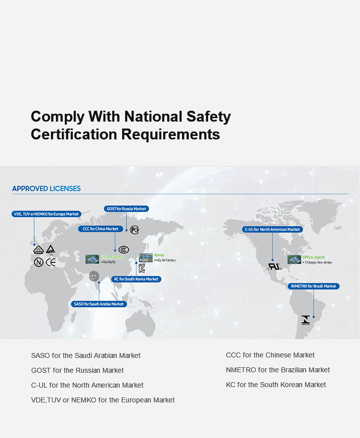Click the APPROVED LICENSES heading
pos(46,188)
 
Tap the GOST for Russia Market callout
pos(127,209)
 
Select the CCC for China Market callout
pos(100,229)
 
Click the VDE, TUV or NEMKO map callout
pos(46,214)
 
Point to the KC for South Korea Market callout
pos(136,279)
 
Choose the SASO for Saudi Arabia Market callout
pos(99,304)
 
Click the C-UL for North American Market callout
pos(272,229)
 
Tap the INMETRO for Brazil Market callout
pos(314,286)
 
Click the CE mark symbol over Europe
pos(51,263)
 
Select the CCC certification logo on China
pos(124,249)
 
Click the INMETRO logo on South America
pos(306,320)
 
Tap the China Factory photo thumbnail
pos(92,259)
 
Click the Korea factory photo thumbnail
pos(146,258)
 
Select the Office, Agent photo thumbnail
pos(294,259)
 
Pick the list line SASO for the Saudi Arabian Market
pos(86,355)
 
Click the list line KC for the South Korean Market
pos(275,385)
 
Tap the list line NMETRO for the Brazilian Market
pos(277,370)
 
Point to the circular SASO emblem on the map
pos(94,276)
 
